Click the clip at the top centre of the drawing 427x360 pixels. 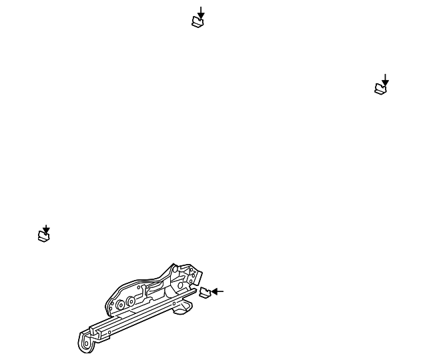click(197, 22)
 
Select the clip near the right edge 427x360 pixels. click(380, 88)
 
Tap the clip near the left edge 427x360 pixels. click(43, 236)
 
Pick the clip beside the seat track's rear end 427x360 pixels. click(205, 292)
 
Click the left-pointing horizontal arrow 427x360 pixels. click(219, 291)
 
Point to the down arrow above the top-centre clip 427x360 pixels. click(200, 11)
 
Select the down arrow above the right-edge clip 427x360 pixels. click(385, 79)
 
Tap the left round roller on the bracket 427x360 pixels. click(120, 305)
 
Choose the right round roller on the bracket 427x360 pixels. click(130, 301)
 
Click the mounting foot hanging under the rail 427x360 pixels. click(181, 309)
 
